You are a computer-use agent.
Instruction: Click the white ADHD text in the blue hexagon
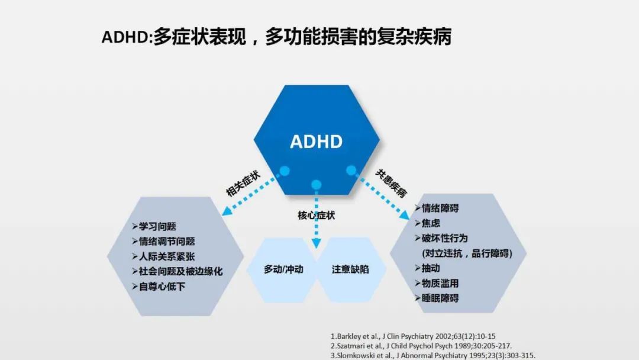[316, 142]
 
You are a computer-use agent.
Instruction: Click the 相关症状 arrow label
[243, 184]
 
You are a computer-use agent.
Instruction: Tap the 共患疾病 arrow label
[391, 184]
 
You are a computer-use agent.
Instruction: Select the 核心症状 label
[316, 216]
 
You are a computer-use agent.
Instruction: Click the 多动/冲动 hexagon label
[283, 269]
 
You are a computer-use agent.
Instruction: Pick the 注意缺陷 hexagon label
[350, 269]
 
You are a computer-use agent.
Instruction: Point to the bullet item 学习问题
[154, 226]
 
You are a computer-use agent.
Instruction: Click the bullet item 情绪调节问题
[163, 242]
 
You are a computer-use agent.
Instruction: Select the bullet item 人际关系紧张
[163, 256]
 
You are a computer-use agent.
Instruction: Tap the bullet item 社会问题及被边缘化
[177, 272]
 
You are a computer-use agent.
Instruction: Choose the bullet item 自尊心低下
[159, 287]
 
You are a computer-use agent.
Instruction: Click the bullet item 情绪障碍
[437, 208]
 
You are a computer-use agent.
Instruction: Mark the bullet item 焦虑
[428, 223]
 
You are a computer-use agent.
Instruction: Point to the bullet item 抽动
[428, 268]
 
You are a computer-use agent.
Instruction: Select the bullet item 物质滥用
[437, 284]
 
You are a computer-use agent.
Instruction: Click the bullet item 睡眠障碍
[437, 298]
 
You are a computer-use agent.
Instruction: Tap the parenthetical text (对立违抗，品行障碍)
[467, 253]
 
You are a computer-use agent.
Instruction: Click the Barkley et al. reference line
[413, 336]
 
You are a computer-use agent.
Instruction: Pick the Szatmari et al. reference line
[421, 346]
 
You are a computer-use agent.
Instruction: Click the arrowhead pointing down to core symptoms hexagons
[316, 244]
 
